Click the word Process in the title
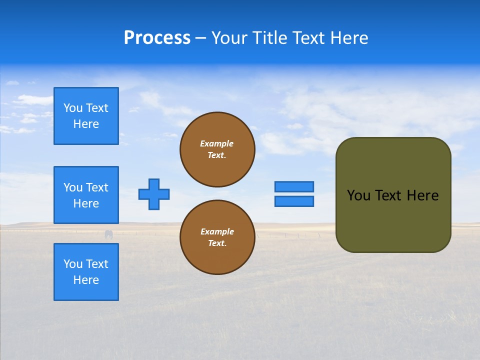(157, 38)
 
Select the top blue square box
(86, 116)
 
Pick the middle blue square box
(86, 195)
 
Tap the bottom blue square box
(86, 272)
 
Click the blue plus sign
(154, 194)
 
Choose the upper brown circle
(217, 149)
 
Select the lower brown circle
(217, 237)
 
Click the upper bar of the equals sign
(294, 186)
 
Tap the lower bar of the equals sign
(294, 201)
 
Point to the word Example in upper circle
(217, 143)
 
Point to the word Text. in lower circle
(217, 243)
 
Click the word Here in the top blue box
(86, 124)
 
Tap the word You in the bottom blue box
(73, 264)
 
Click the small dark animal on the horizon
(108, 234)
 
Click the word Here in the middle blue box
(86, 203)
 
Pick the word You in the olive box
(358, 195)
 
